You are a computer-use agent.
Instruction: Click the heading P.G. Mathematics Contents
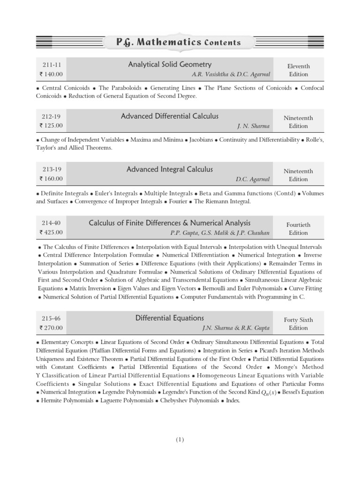tap(178, 42)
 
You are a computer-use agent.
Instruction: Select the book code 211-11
tap(51, 66)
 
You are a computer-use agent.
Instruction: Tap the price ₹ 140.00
tap(51, 74)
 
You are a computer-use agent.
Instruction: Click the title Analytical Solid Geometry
tap(170, 65)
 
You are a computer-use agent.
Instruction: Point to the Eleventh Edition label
tap(298, 70)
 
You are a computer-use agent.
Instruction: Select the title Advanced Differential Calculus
tap(170, 116)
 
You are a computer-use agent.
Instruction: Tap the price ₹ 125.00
tap(51, 126)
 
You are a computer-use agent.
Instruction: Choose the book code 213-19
tap(51, 170)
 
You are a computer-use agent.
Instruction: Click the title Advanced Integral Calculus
tap(170, 169)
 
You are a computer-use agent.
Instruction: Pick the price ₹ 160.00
tap(51, 179)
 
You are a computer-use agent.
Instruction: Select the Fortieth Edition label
tap(298, 229)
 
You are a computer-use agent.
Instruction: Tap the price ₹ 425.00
tap(51, 232)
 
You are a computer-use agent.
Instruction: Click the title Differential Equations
tap(170, 318)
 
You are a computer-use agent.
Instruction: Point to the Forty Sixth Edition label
tap(298, 324)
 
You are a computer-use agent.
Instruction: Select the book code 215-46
tap(51, 319)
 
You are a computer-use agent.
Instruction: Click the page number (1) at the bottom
tap(180, 440)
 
